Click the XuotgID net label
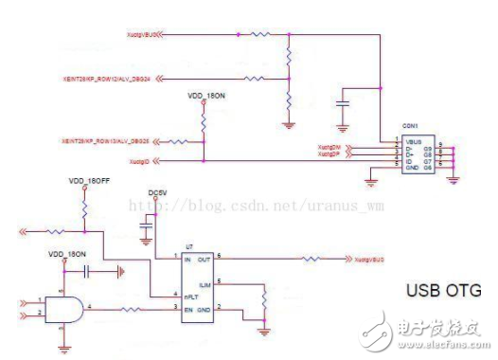pos(144,161)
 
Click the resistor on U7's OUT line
pos(311,258)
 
